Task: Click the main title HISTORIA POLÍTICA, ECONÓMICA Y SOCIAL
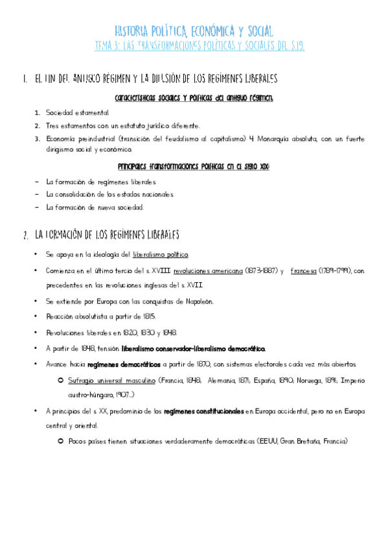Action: click(x=194, y=30)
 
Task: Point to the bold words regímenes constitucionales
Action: click(x=203, y=410)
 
